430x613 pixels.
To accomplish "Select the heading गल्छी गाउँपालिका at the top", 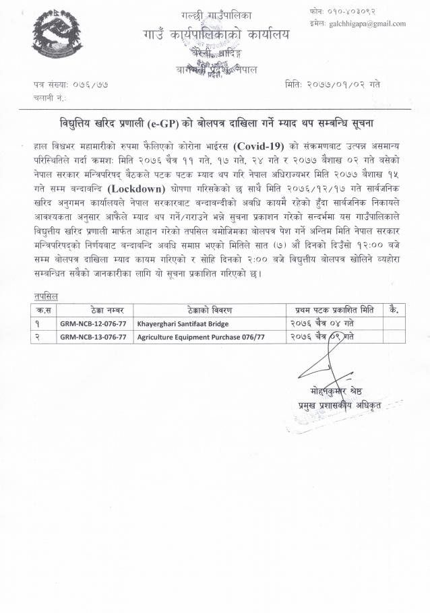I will tap(210, 14).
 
